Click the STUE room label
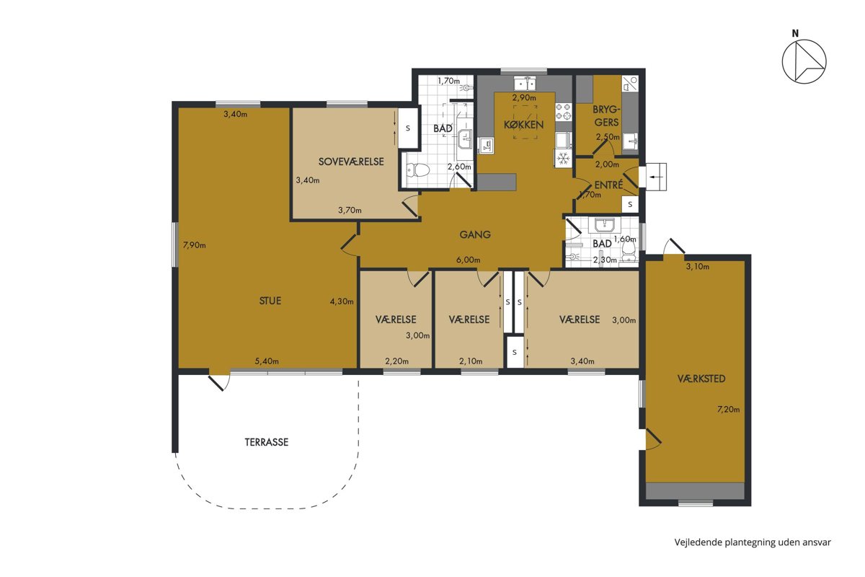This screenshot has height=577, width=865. point(270,301)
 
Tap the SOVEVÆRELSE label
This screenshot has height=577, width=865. point(351,162)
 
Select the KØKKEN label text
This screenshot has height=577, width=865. point(523,125)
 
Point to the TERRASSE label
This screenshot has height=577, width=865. point(267,442)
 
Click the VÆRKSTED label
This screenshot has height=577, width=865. point(701,379)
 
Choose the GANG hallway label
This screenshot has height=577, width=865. point(475,234)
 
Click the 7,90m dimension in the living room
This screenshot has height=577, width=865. point(194,245)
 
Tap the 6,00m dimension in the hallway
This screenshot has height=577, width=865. point(468,260)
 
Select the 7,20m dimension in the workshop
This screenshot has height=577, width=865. point(728,409)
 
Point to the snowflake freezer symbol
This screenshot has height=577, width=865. point(564,159)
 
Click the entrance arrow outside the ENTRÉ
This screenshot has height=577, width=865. point(656,177)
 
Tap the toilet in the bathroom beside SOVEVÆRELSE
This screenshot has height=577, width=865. point(418,170)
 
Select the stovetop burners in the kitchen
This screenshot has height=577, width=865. point(564,111)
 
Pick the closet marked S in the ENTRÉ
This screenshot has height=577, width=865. point(630,204)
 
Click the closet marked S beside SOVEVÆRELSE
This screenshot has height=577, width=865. point(408,128)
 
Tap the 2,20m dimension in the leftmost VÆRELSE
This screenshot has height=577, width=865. point(396,361)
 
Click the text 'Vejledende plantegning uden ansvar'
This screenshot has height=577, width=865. point(753,542)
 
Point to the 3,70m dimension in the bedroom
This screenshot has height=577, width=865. point(350,210)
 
